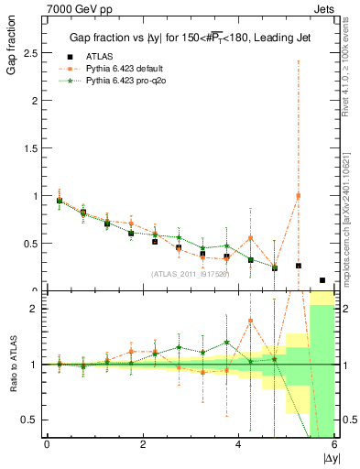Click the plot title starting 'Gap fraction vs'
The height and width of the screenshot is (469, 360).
(189, 38)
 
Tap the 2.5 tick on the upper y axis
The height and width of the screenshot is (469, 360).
(32, 53)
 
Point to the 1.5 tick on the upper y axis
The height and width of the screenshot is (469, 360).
(32, 148)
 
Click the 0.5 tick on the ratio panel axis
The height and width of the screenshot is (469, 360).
(32, 420)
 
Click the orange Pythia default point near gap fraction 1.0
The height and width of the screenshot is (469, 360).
(298, 196)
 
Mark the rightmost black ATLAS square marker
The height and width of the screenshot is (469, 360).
(322, 280)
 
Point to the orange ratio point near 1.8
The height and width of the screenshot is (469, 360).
(250, 321)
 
